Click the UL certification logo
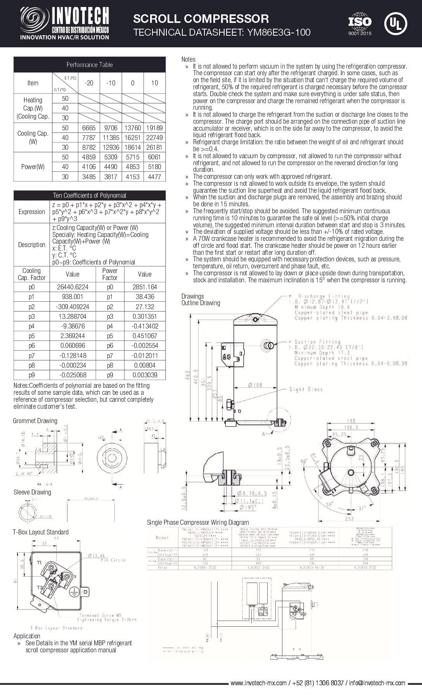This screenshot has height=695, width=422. [x=395, y=24]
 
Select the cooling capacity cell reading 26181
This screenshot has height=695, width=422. [x=154, y=147]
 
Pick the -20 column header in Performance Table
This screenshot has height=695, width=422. [x=89, y=83]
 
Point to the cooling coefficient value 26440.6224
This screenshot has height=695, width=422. [x=73, y=287]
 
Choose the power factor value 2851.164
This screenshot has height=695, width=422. [x=145, y=287]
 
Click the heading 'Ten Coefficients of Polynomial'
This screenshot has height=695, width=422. [x=89, y=195]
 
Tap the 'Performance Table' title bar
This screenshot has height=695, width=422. [x=89, y=65]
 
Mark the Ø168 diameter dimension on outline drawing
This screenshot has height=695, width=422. [x=255, y=385]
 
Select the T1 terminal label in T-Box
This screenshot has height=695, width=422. [x=39, y=562]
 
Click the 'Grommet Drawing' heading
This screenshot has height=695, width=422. [x=35, y=421]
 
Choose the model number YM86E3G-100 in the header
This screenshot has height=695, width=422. [x=276, y=33]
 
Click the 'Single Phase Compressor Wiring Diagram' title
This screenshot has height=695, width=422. [x=198, y=522]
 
